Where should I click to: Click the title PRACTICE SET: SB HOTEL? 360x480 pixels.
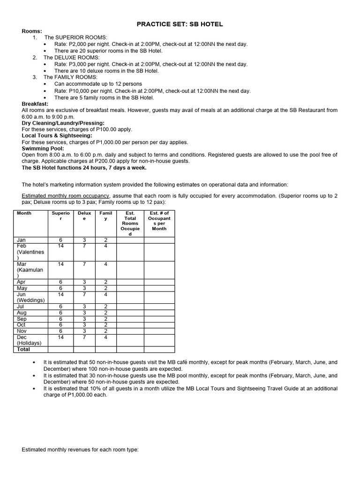180,23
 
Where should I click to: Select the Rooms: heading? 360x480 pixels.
32,31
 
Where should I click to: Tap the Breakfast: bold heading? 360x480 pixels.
35,104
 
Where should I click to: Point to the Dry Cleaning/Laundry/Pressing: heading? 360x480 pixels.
63,123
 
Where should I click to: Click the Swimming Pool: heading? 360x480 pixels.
43,148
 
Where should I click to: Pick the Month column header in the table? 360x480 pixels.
24,213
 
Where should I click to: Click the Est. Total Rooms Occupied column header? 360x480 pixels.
130,224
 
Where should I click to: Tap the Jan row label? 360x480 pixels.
21,240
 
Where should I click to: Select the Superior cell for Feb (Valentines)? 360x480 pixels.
60,246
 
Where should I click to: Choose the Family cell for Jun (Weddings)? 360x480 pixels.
105,294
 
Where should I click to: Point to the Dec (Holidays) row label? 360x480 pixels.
29,340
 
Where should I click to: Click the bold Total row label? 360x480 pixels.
23,349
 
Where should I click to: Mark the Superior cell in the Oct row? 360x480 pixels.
60,325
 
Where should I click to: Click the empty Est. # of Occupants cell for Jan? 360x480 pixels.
159,240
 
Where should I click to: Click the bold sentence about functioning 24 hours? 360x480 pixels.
84,167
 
